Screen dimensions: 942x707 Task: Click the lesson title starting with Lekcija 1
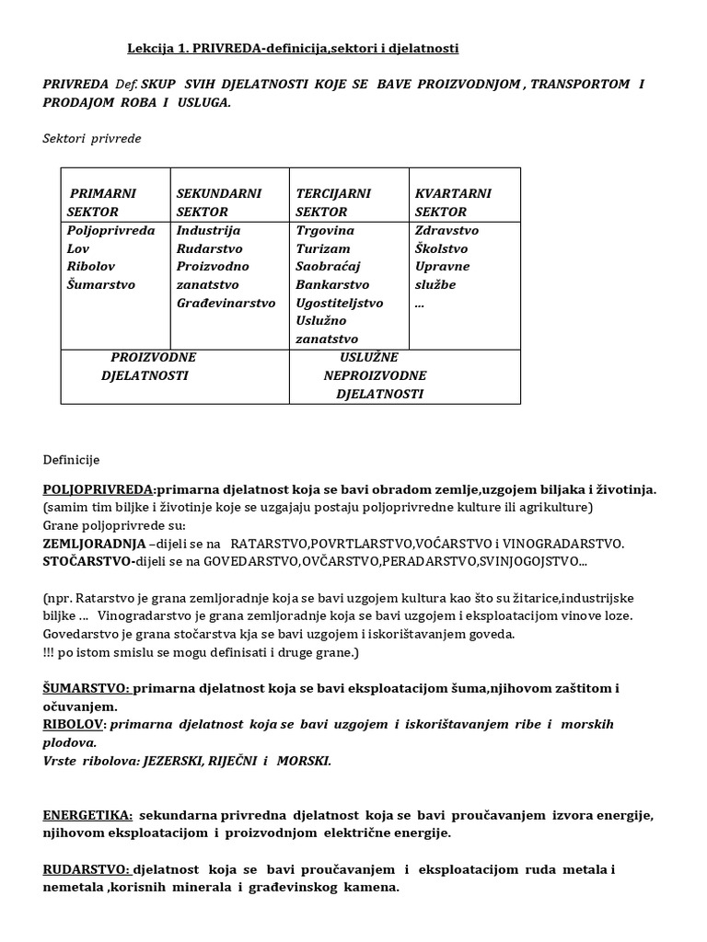click(x=292, y=48)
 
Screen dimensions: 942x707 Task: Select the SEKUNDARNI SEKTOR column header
click(x=218, y=202)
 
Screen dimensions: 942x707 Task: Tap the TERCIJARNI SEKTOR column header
click(x=333, y=202)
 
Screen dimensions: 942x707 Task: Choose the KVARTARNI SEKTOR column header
click(x=453, y=202)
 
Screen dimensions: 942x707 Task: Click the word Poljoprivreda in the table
click(x=111, y=230)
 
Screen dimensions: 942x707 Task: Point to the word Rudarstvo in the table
click(x=209, y=248)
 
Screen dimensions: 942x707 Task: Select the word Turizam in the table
click(x=318, y=248)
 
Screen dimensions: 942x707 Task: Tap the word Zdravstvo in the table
click(x=446, y=230)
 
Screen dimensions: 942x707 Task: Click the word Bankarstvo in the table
click(x=332, y=284)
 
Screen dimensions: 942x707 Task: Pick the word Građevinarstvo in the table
click(x=226, y=303)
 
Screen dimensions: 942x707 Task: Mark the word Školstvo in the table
click(x=441, y=248)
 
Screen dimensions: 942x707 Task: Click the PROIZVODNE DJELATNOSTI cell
click(x=147, y=366)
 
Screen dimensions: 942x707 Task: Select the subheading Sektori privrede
click(x=92, y=139)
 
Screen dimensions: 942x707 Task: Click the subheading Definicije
click(x=71, y=459)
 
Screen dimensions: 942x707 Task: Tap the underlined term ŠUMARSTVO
click(x=87, y=689)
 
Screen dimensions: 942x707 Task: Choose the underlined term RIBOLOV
click(x=74, y=725)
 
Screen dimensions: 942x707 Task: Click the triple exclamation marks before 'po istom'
click(x=49, y=652)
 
